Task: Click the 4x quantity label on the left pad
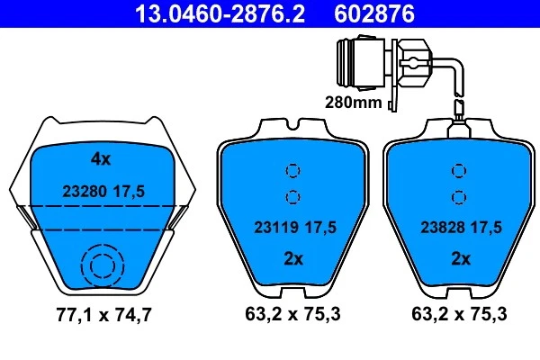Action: point(101,160)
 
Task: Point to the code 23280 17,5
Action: point(104,191)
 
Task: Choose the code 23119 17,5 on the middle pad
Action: point(292,228)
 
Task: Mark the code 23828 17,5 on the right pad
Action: point(459,228)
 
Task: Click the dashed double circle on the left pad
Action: point(100,265)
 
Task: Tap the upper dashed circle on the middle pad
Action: point(292,171)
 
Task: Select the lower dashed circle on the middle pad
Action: point(292,197)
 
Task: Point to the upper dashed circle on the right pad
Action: point(459,171)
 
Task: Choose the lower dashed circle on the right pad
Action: point(459,197)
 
